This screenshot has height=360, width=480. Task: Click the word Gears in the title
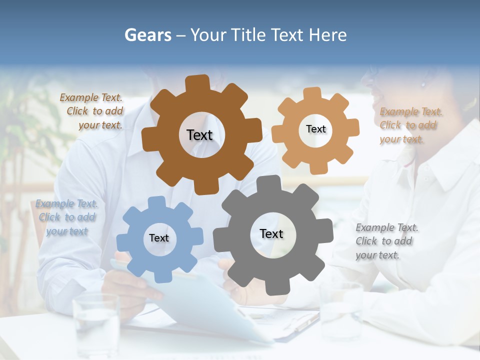click(x=147, y=35)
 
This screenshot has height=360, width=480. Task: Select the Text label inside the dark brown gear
click(x=199, y=135)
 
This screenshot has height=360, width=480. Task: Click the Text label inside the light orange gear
click(x=315, y=129)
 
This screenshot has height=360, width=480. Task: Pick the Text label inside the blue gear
click(x=159, y=238)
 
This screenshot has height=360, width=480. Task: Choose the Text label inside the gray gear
click(x=271, y=233)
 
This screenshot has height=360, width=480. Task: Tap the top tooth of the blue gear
click(x=156, y=202)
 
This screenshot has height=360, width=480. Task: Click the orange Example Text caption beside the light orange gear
click(x=410, y=125)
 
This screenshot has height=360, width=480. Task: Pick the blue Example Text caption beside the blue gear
click(x=66, y=217)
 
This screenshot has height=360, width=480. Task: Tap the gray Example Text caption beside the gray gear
click(x=386, y=241)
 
